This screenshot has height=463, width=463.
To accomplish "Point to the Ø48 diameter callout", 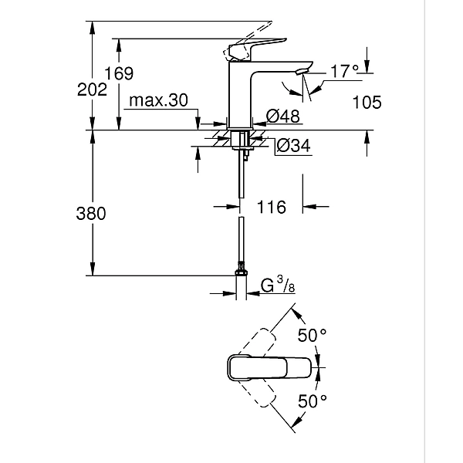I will tap(282, 117).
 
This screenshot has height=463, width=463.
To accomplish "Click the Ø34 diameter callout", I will tap(292, 145).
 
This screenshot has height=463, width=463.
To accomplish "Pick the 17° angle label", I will tap(344, 71).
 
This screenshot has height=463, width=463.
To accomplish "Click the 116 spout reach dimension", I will tap(271, 207).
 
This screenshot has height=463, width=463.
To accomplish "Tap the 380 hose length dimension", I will tap(91, 214).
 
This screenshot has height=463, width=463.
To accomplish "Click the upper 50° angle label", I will tap(313, 336).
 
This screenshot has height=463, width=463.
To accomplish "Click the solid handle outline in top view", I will tap(270, 368).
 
